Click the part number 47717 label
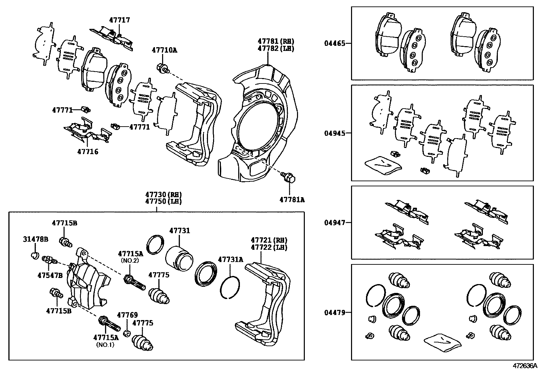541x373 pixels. [x=119, y=20]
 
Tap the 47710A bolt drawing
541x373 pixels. [x=162, y=68]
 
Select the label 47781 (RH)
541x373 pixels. [x=276, y=41]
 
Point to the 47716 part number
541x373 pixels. [x=88, y=151]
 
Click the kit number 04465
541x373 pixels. [x=334, y=43]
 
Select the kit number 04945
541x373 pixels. [x=334, y=133]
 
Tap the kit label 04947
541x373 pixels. [x=334, y=223]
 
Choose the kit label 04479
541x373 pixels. [x=334, y=312]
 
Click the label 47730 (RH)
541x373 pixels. [x=163, y=194]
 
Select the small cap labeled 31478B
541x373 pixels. [x=34, y=255]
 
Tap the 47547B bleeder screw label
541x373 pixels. [x=50, y=275]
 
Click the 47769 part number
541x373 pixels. [x=127, y=315]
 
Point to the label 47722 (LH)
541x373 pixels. [x=269, y=247]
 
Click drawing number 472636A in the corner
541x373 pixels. [x=525, y=366]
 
